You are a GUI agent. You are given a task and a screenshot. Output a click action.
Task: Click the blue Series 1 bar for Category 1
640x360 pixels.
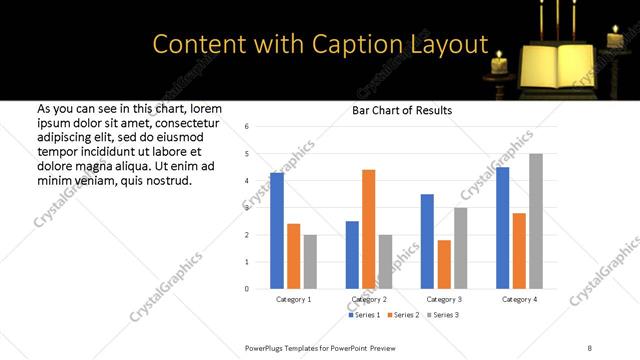tap(277, 231)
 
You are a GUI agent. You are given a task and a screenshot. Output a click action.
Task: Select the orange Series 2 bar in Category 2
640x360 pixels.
tap(368, 229)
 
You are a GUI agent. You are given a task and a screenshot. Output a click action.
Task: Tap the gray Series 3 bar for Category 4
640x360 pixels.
tap(536, 221)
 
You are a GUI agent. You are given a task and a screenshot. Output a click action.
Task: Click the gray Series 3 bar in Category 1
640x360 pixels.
tap(310, 262)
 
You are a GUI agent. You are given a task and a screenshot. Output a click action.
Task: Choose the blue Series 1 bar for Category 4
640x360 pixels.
tap(503, 228)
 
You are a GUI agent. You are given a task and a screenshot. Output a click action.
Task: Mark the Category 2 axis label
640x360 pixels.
tap(368, 300)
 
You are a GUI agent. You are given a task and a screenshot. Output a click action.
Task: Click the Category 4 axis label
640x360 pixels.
tap(519, 300)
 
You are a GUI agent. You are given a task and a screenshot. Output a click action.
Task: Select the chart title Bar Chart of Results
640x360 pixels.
tap(402, 110)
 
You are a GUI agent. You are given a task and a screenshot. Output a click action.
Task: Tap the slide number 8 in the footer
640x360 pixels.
tap(589, 347)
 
